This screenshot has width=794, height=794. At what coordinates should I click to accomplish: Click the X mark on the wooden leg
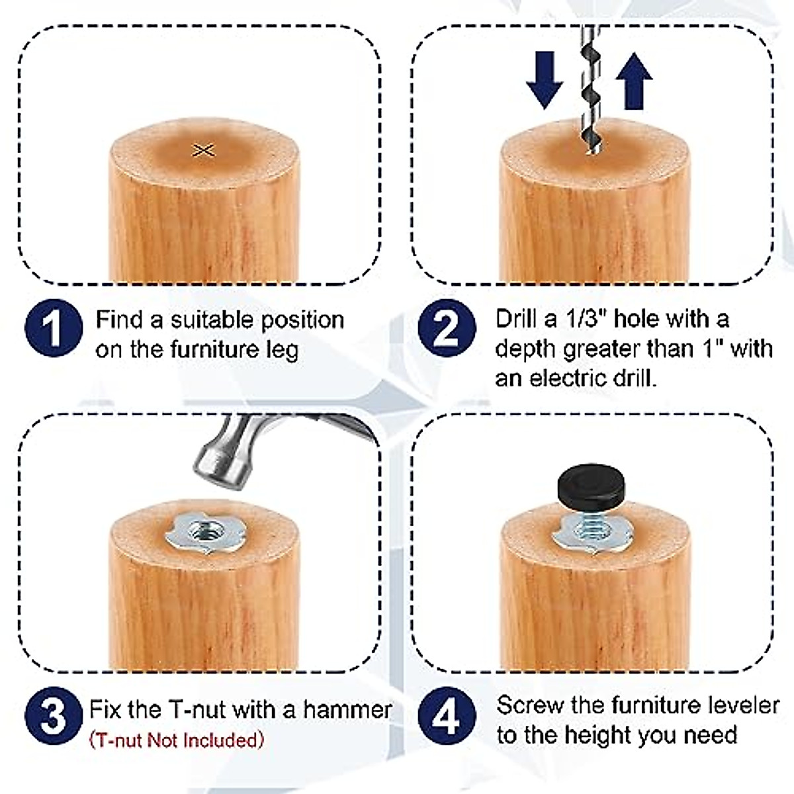pos(204,150)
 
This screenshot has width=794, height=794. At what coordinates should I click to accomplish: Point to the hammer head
pos(225,450)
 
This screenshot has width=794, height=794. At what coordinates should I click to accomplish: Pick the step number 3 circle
pos(54,717)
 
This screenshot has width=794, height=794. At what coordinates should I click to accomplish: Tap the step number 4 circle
pos(447,717)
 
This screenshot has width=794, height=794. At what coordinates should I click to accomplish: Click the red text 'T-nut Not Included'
pos(177,740)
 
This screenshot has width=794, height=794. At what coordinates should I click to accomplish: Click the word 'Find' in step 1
pos(119,320)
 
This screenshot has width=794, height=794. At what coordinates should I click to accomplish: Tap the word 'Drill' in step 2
pos(515,319)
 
